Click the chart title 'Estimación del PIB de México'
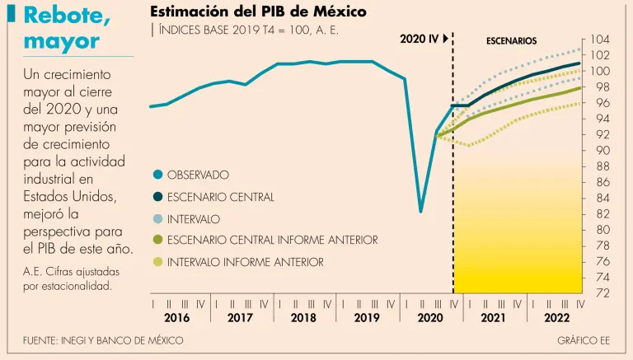coord(259,12)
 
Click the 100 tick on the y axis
coord(600,72)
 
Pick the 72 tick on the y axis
coord(601,293)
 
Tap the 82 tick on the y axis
coord(601,214)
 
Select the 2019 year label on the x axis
coord(365,318)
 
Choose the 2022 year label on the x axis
coord(556,318)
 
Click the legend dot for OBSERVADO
coord(157,175)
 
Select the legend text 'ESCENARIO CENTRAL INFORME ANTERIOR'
coord(272,240)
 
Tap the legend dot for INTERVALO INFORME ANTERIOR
coord(157,262)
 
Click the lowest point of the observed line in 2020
coord(421,212)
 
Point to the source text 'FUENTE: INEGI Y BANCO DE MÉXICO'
coord(103,340)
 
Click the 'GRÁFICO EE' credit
coord(582,340)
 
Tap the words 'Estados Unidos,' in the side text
coord(64,194)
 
